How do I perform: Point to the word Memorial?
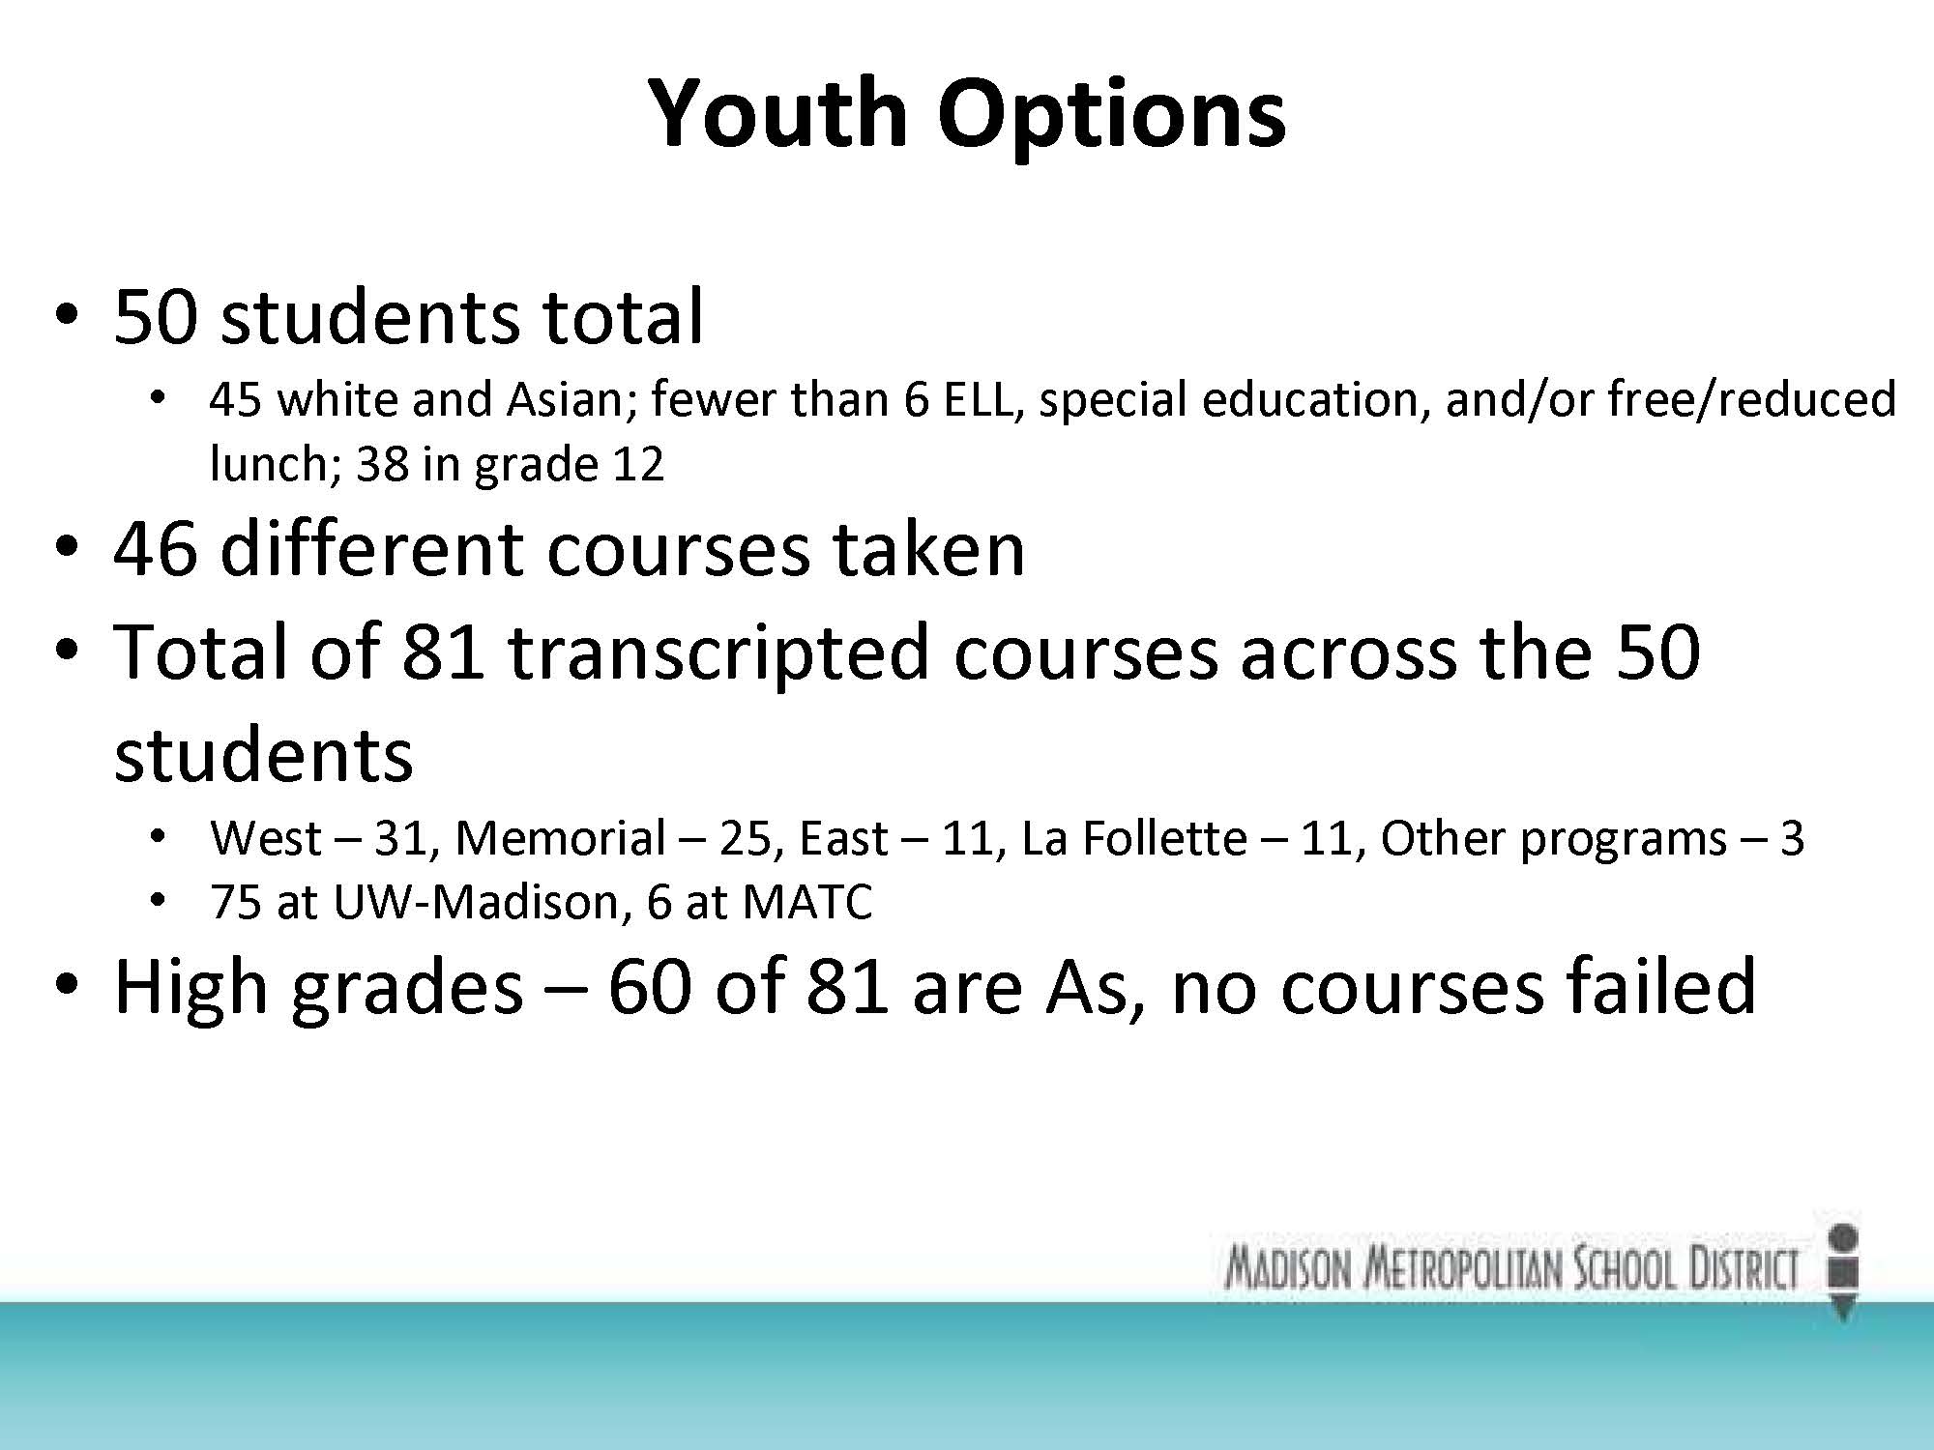pyautogui.click(x=561, y=837)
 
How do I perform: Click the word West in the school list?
pyautogui.click(x=266, y=838)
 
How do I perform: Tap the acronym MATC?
pyautogui.click(x=806, y=902)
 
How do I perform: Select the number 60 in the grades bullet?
pyautogui.click(x=650, y=987)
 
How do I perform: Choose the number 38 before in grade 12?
pyautogui.click(x=383, y=465)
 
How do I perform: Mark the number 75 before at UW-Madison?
pyautogui.click(x=236, y=902)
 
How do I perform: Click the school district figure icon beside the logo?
pyautogui.click(x=1844, y=1270)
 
